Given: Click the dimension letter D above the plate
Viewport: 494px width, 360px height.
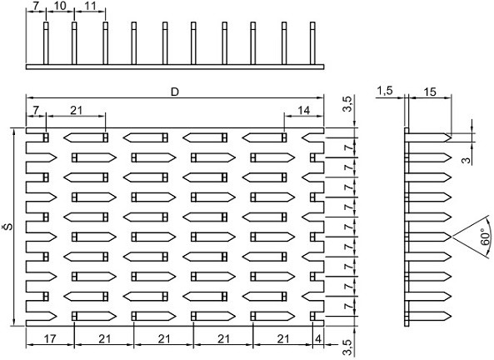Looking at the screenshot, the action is coord(175,92).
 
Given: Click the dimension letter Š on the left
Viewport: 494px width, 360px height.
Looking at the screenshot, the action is coord(10,226).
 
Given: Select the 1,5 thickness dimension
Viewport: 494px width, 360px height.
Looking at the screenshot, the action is coord(385,91).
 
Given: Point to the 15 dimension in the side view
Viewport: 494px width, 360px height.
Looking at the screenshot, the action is coord(430,92).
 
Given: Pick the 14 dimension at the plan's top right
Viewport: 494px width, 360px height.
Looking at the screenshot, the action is coord(304,110).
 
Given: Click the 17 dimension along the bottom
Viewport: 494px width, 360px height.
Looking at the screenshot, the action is coord(50,339).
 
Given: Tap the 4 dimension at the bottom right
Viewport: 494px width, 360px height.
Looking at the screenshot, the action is coord(318,339).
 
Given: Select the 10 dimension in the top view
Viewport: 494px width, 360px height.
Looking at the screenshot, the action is coord(60,5).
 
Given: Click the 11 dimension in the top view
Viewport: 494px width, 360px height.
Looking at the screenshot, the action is coord(90,5).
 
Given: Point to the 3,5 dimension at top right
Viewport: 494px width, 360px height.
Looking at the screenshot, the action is coord(348,104).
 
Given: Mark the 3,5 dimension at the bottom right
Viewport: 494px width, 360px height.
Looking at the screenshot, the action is coord(348,347).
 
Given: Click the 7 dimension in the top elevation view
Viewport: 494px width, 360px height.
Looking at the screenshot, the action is coord(36,5).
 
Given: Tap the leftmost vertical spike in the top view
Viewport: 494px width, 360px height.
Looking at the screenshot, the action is coord(46,43).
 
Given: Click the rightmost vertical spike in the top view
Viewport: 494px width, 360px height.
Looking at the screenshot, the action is coord(312,43).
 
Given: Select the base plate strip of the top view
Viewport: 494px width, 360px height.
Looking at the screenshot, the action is coord(175,67).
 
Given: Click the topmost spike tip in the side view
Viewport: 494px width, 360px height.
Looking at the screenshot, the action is coord(452,137).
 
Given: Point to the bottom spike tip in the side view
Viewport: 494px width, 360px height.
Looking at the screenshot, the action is coord(452,316).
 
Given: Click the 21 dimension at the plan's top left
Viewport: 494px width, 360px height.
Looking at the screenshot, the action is coord(76,110).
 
